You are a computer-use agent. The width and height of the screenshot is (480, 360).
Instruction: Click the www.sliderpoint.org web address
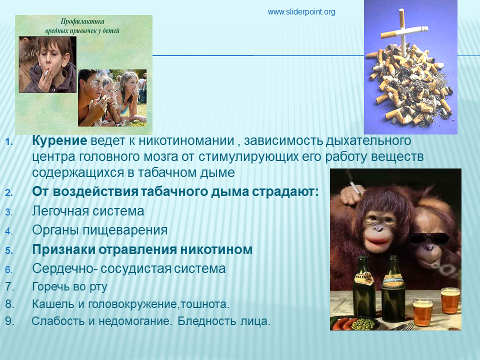coord(301,12)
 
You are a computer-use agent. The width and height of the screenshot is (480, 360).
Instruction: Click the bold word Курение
coord(59,140)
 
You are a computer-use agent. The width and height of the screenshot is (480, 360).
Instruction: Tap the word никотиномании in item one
coord(186,140)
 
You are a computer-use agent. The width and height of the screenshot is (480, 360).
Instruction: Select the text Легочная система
coord(88,211)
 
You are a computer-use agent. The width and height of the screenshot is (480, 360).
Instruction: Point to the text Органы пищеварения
coord(100,230)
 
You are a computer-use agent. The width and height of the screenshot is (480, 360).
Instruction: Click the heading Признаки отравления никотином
coord(142,249)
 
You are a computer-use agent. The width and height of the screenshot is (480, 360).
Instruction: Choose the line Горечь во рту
coord(70,287)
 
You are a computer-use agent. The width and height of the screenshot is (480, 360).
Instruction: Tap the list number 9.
coord(9,321)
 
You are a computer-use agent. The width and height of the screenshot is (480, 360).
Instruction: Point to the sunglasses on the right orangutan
coord(428,238)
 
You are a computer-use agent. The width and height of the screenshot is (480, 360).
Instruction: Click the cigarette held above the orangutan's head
coord(355,188)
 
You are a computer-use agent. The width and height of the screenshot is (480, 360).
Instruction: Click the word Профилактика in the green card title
coord(82,21)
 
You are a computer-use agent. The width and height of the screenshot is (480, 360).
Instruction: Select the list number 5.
coord(9,250)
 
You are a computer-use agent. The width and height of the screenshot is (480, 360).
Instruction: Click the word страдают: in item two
coord(285,192)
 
